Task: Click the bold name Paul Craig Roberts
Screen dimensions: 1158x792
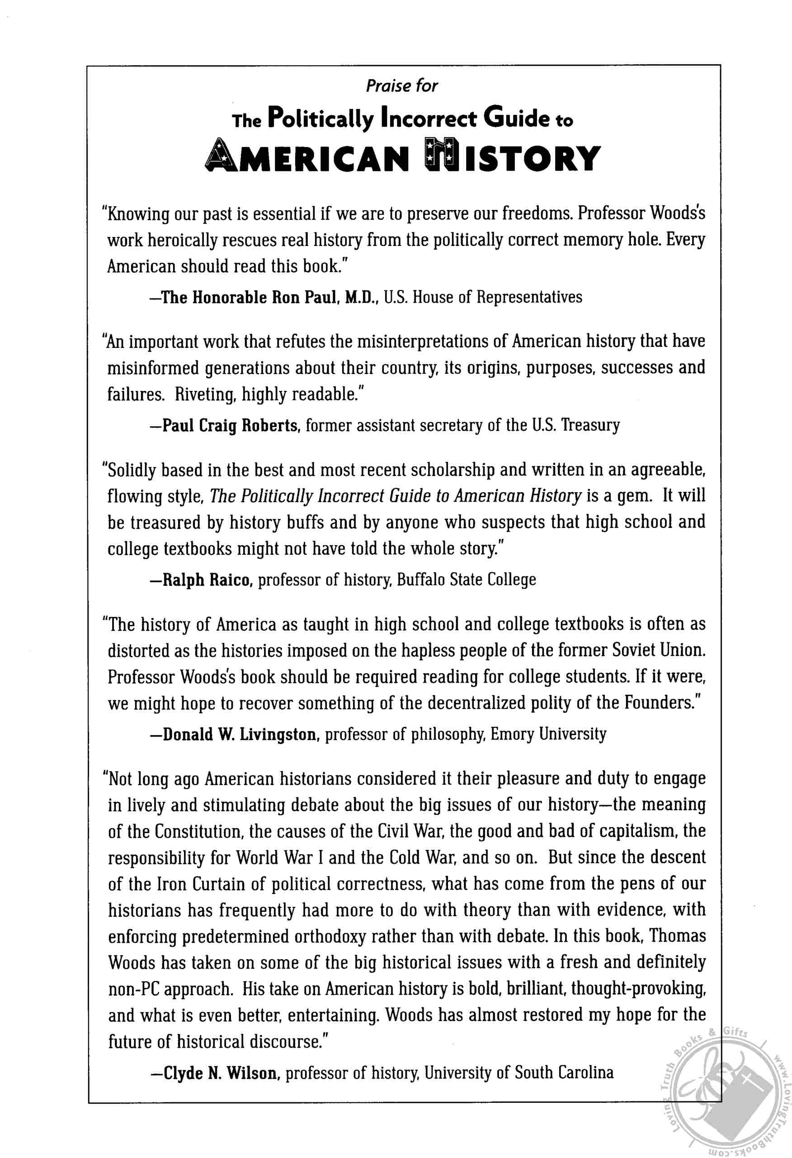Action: [x=231, y=426]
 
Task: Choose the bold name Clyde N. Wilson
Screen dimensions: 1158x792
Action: [x=220, y=1073]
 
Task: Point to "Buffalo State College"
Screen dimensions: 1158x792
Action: [x=466, y=580]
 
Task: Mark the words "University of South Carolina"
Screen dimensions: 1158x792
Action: [x=519, y=1073]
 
